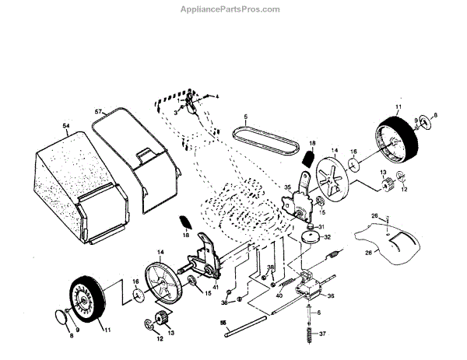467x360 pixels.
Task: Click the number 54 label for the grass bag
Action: click(65, 124)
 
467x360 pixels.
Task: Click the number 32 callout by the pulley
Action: click(328, 237)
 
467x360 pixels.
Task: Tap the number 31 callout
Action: click(321, 225)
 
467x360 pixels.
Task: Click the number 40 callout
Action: click(279, 295)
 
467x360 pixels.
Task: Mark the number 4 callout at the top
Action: click(218, 96)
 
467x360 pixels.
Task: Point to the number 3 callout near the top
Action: click(175, 112)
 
